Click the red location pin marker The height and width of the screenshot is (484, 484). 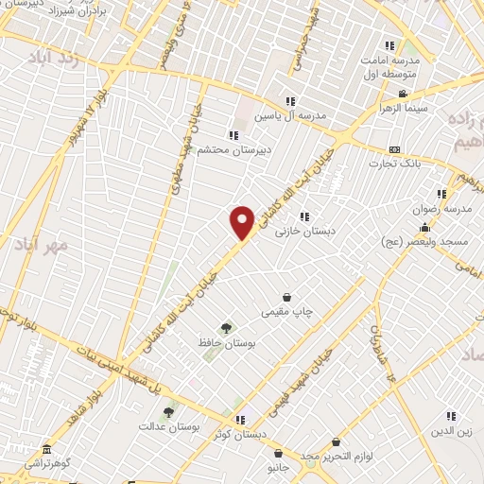[x=243, y=222]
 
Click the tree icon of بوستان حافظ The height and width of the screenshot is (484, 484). [x=225, y=327]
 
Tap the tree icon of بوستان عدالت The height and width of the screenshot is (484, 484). [x=168, y=412]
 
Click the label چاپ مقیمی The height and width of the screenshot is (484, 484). [x=287, y=310]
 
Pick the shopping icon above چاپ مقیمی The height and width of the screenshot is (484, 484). [x=287, y=297]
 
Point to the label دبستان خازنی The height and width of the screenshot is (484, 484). [x=302, y=230]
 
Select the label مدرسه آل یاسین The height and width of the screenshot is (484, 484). [x=297, y=114]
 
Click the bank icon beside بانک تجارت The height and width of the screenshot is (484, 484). [x=394, y=149]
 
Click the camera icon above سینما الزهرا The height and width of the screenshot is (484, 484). [x=403, y=94]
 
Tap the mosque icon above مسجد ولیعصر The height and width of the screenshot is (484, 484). [x=425, y=227]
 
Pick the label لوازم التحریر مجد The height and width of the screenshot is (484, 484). [x=337, y=456]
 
